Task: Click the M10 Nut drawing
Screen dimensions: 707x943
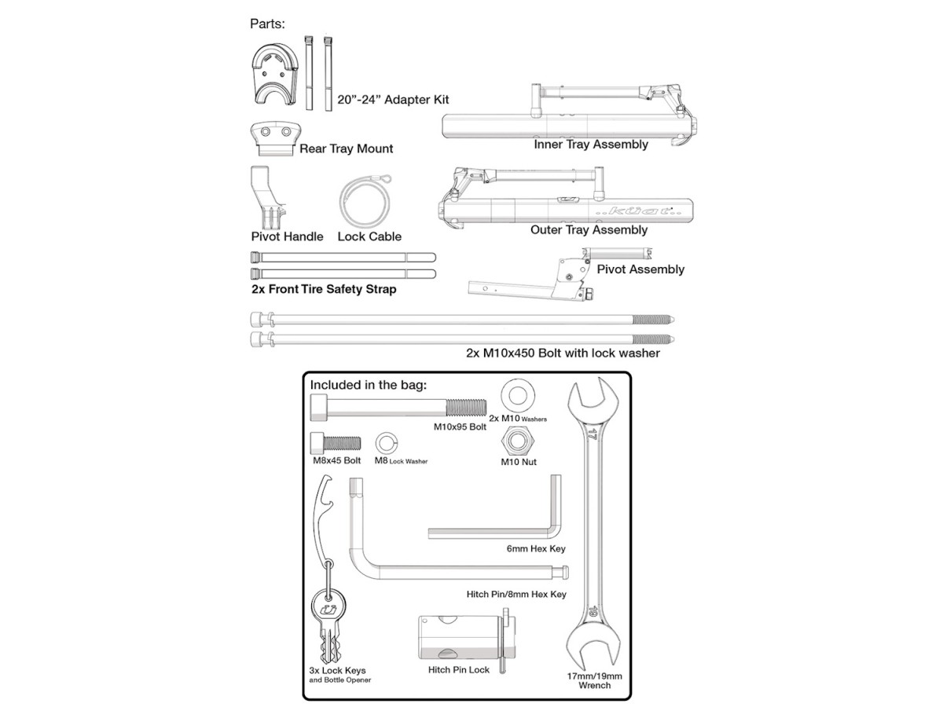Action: (x=518, y=442)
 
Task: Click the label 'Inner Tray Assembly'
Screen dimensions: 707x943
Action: (x=591, y=145)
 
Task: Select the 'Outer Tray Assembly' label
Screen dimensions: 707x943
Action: (x=589, y=230)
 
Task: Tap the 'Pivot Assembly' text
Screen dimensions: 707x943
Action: (x=640, y=269)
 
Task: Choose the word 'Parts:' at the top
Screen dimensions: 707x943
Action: (x=267, y=24)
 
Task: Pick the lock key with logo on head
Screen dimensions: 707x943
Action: (x=327, y=621)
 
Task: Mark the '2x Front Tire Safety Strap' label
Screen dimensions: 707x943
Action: (x=324, y=290)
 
